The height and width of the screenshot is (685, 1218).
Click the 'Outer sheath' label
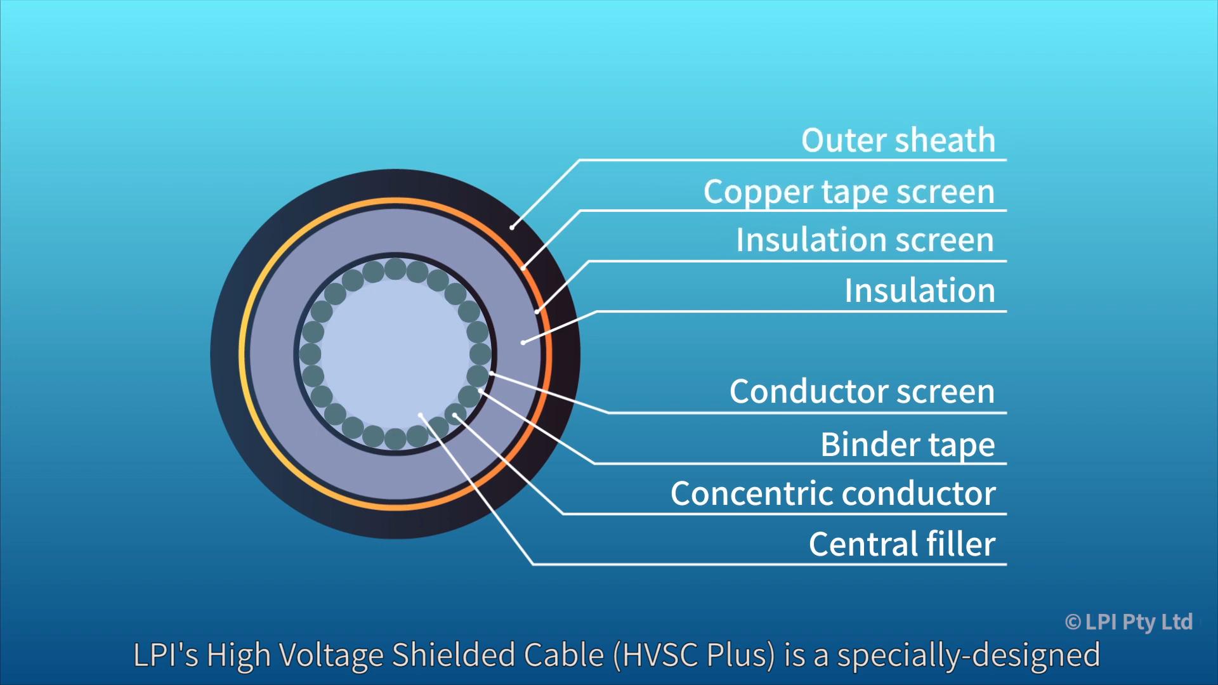point(898,140)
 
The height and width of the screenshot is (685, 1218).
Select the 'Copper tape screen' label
point(849,192)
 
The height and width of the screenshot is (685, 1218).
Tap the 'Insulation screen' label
point(865,240)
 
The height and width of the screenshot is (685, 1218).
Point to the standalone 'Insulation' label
point(919,291)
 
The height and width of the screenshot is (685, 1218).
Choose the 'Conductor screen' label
point(861,391)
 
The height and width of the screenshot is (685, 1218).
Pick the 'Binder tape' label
point(907,444)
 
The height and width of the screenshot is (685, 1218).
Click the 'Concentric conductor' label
point(833,493)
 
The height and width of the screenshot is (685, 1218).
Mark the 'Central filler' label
point(901,544)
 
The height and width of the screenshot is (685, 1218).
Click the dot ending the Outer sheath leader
point(512,227)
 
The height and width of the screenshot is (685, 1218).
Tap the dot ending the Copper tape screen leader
point(523,268)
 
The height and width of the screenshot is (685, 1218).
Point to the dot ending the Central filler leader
point(421,415)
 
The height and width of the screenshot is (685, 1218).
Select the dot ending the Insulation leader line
point(523,342)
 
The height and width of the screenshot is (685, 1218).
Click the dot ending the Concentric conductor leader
point(455,415)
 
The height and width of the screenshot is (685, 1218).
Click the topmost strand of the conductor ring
point(395,269)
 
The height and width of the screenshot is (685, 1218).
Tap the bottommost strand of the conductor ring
point(395,438)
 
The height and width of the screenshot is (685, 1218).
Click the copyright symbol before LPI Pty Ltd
point(1073,622)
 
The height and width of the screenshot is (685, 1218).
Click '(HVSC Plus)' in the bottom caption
point(694,655)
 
